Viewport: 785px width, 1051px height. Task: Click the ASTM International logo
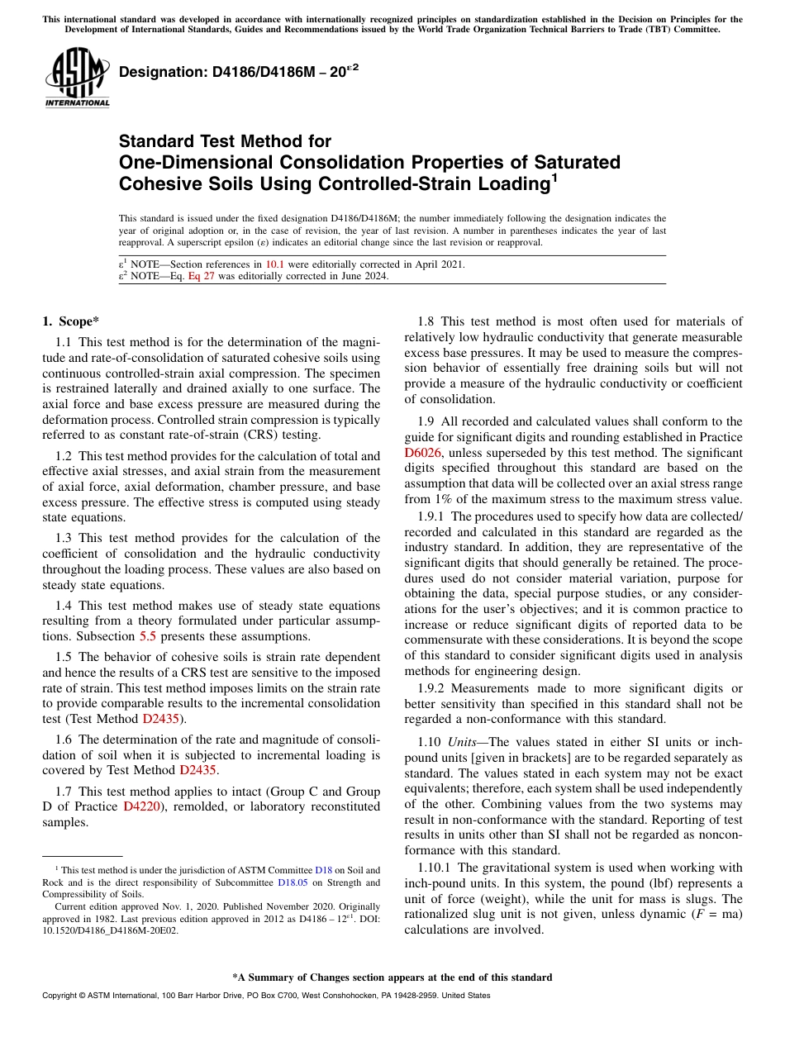(77, 78)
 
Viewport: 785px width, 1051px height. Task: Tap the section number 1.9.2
(432, 688)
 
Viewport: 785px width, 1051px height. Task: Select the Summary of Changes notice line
(392, 977)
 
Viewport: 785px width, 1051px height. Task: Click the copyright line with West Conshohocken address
(265, 996)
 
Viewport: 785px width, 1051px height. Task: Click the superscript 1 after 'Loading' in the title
(554, 176)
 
